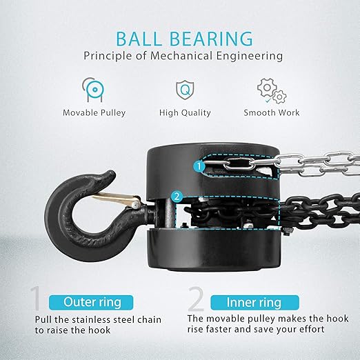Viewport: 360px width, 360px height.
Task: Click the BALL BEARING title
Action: tap(184, 39)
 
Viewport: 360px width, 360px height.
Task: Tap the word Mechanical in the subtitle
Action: tap(181, 56)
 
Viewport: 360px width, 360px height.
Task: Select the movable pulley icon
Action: tap(93, 90)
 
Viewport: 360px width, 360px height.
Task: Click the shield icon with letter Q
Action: tap(185, 90)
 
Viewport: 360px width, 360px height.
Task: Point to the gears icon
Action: tap(272, 91)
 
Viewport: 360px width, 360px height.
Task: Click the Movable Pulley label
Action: tap(94, 113)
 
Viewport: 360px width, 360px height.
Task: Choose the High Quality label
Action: tap(185, 113)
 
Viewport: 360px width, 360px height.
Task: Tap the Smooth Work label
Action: tap(272, 112)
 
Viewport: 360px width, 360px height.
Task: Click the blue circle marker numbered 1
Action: tap(199, 166)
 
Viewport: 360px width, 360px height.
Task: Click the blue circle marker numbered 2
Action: tap(177, 197)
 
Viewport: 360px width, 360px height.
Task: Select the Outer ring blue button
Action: tap(91, 302)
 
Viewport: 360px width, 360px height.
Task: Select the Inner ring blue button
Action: tap(254, 302)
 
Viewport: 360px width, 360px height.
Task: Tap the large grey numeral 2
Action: tap(196, 298)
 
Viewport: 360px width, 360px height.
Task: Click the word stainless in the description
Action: tap(95, 320)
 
